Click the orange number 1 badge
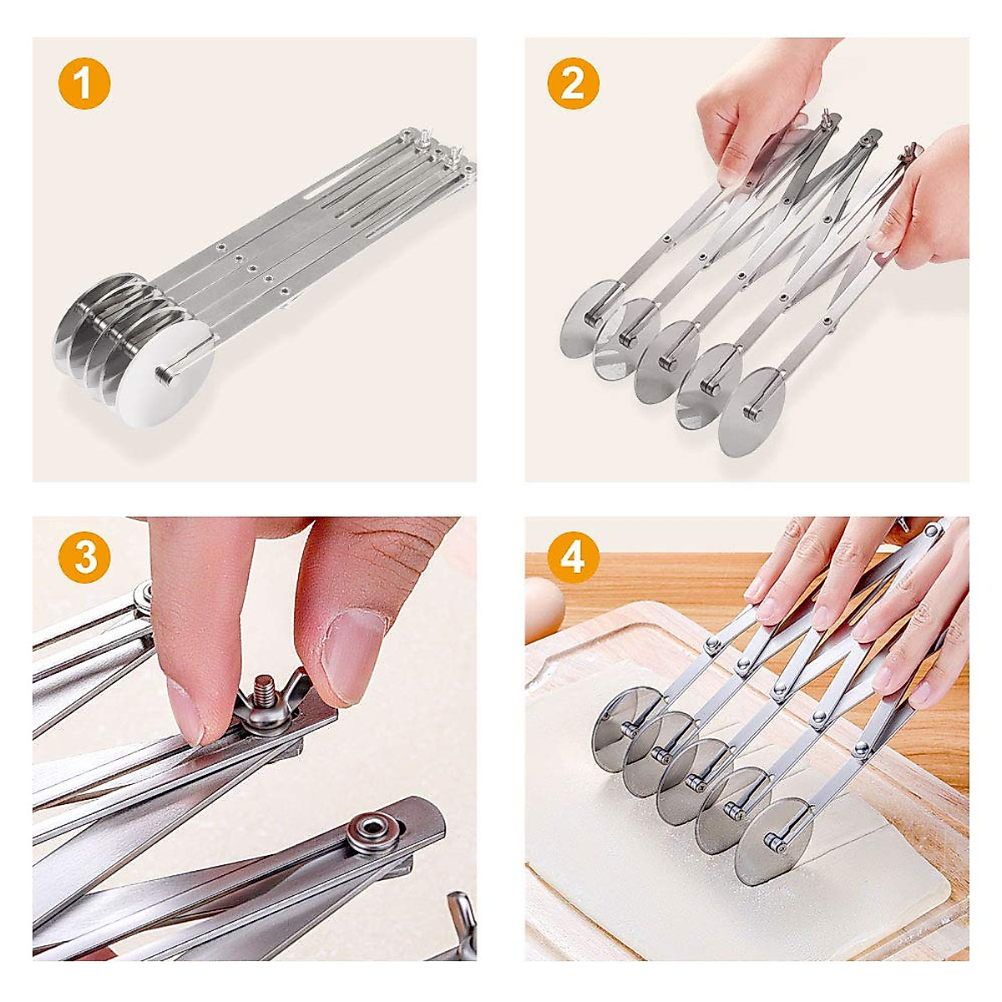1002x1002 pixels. click(x=84, y=84)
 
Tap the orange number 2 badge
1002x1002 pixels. click(x=573, y=84)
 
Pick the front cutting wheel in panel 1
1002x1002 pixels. click(x=167, y=380)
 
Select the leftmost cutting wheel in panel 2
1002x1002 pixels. click(x=586, y=321)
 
